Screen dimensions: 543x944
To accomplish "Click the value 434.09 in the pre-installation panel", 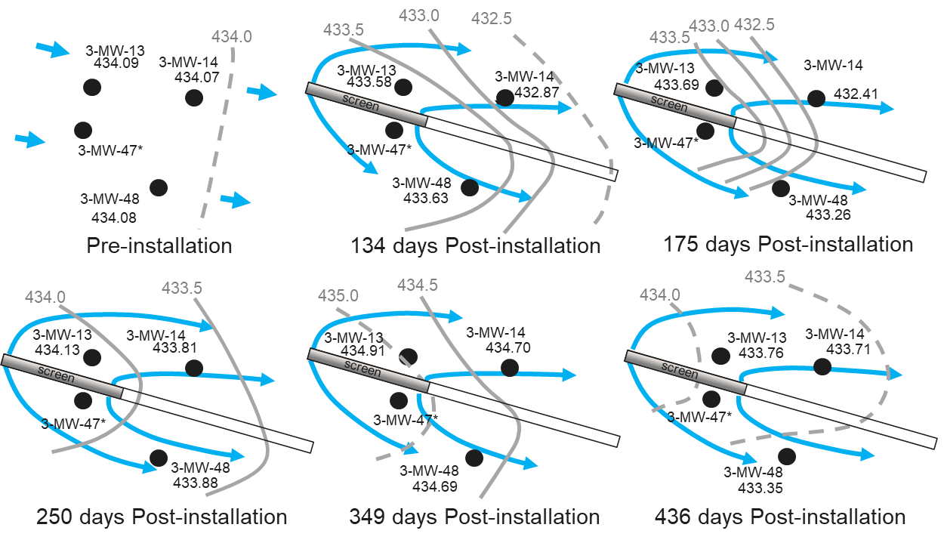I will coord(116,63).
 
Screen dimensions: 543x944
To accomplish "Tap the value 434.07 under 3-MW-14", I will coord(196,76).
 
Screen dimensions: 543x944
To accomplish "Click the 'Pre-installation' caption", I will coord(159,246).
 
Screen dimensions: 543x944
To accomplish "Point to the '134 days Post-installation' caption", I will coord(476,246).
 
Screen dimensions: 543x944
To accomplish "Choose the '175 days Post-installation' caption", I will coord(788,245).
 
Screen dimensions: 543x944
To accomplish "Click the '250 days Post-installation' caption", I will coord(162,517).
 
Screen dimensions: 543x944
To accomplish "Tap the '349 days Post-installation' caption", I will coord(474,517).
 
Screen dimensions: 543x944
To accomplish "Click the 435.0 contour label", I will coord(338,295).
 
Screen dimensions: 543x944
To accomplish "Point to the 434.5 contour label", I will coord(418,285).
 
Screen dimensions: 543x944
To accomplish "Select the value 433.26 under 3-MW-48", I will coord(828,214).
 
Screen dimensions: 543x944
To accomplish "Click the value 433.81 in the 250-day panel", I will coord(175,348).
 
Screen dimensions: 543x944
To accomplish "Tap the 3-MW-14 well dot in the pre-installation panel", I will coord(194,97).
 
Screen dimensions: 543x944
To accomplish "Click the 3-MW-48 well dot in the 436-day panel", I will coord(787,457).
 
